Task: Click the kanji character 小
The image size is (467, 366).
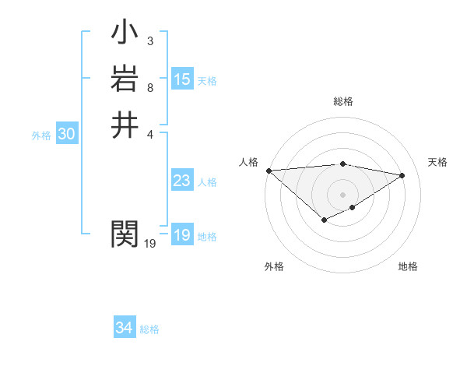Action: pyautogui.click(x=125, y=35)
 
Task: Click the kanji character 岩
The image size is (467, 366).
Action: pyautogui.click(x=125, y=80)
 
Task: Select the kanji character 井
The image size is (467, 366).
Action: pyautogui.click(x=125, y=125)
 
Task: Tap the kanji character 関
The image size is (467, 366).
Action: pyautogui.click(x=125, y=233)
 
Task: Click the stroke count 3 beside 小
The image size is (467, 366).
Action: pyautogui.click(x=149, y=41)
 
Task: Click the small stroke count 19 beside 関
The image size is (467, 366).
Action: pyautogui.click(x=150, y=244)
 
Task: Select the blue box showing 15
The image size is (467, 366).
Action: pyautogui.click(x=182, y=79)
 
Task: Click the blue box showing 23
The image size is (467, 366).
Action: pyautogui.click(x=182, y=181)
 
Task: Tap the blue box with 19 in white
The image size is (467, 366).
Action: pyautogui.click(x=182, y=235)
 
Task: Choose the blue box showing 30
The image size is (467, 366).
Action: pyautogui.click(x=67, y=134)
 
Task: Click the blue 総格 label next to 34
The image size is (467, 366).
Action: pyautogui.click(x=149, y=329)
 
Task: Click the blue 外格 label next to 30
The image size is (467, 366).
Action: pyautogui.click(x=41, y=135)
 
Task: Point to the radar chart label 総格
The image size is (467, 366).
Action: pyautogui.click(x=342, y=101)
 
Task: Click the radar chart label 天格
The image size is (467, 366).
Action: pyautogui.click(x=437, y=162)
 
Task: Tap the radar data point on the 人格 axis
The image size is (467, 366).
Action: pyautogui.click(x=269, y=171)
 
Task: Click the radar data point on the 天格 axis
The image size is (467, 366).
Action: pyautogui.click(x=402, y=175)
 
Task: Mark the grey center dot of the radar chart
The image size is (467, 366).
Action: pyautogui.click(x=342, y=195)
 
